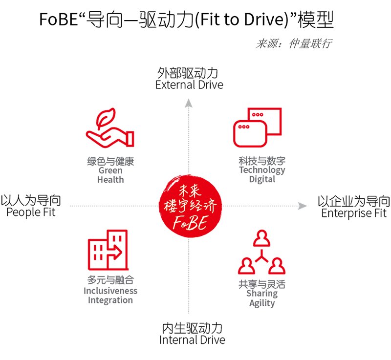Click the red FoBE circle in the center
(x=190, y=206)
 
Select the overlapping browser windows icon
(x=258, y=127)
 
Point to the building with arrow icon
(x=108, y=250)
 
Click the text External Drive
(x=189, y=85)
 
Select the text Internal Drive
(x=192, y=340)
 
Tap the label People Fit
(x=31, y=212)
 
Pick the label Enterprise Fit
(x=354, y=213)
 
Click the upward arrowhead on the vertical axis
(x=189, y=103)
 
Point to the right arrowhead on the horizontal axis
(x=303, y=206)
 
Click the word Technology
(x=262, y=170)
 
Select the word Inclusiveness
(x=110, y=291)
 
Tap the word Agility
(x=262, y=303)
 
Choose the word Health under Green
(x=110, y=179)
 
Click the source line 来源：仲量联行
(x=294, y=44)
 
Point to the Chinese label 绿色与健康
(x=110, y=161)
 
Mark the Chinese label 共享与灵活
(x=262, y=284)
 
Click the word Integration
(x=110, y=300)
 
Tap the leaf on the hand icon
(x=106, y=118)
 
